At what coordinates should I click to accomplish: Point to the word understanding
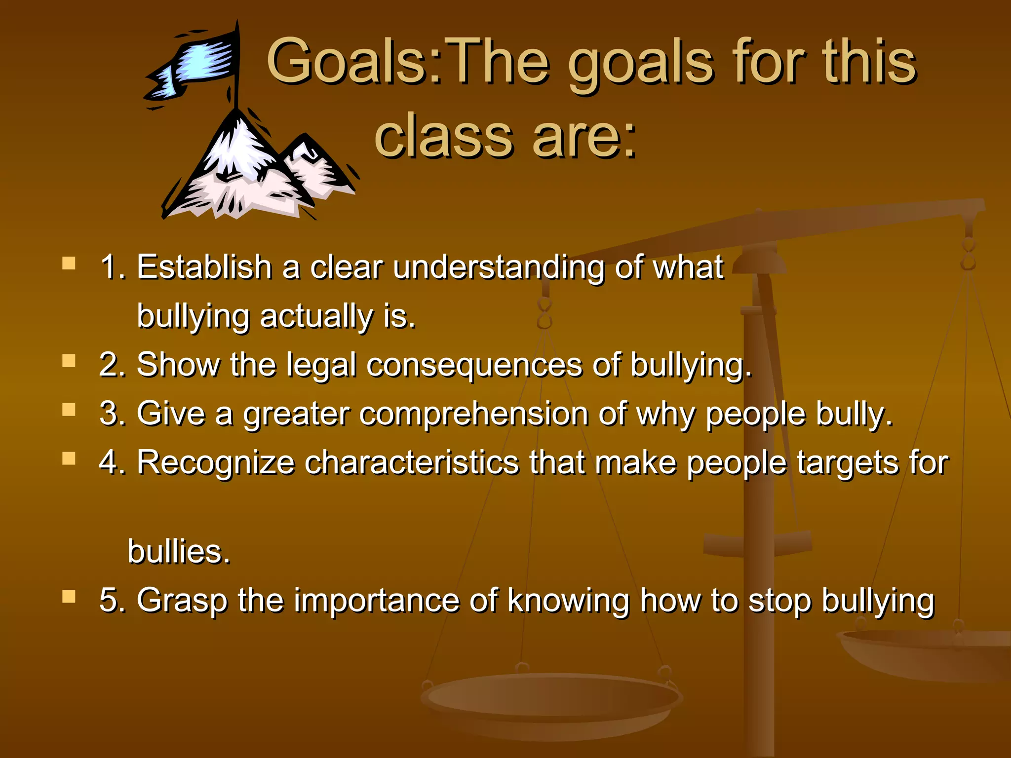pyautogui.click(x=499, y=268)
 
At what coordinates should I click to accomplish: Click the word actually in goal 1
pyautogui.click(x=316, y=316)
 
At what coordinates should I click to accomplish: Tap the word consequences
pyautogui.click(x=474, y=366)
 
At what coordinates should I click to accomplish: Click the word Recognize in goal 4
pyautogui.click(x=216, y=463)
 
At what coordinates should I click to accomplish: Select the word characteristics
pyautogui.click(x=412, y=463)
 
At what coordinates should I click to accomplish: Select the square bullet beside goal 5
pyautogui.click(x=69, y=597)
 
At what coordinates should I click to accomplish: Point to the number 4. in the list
pyautogui.click(x=113, y=463)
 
